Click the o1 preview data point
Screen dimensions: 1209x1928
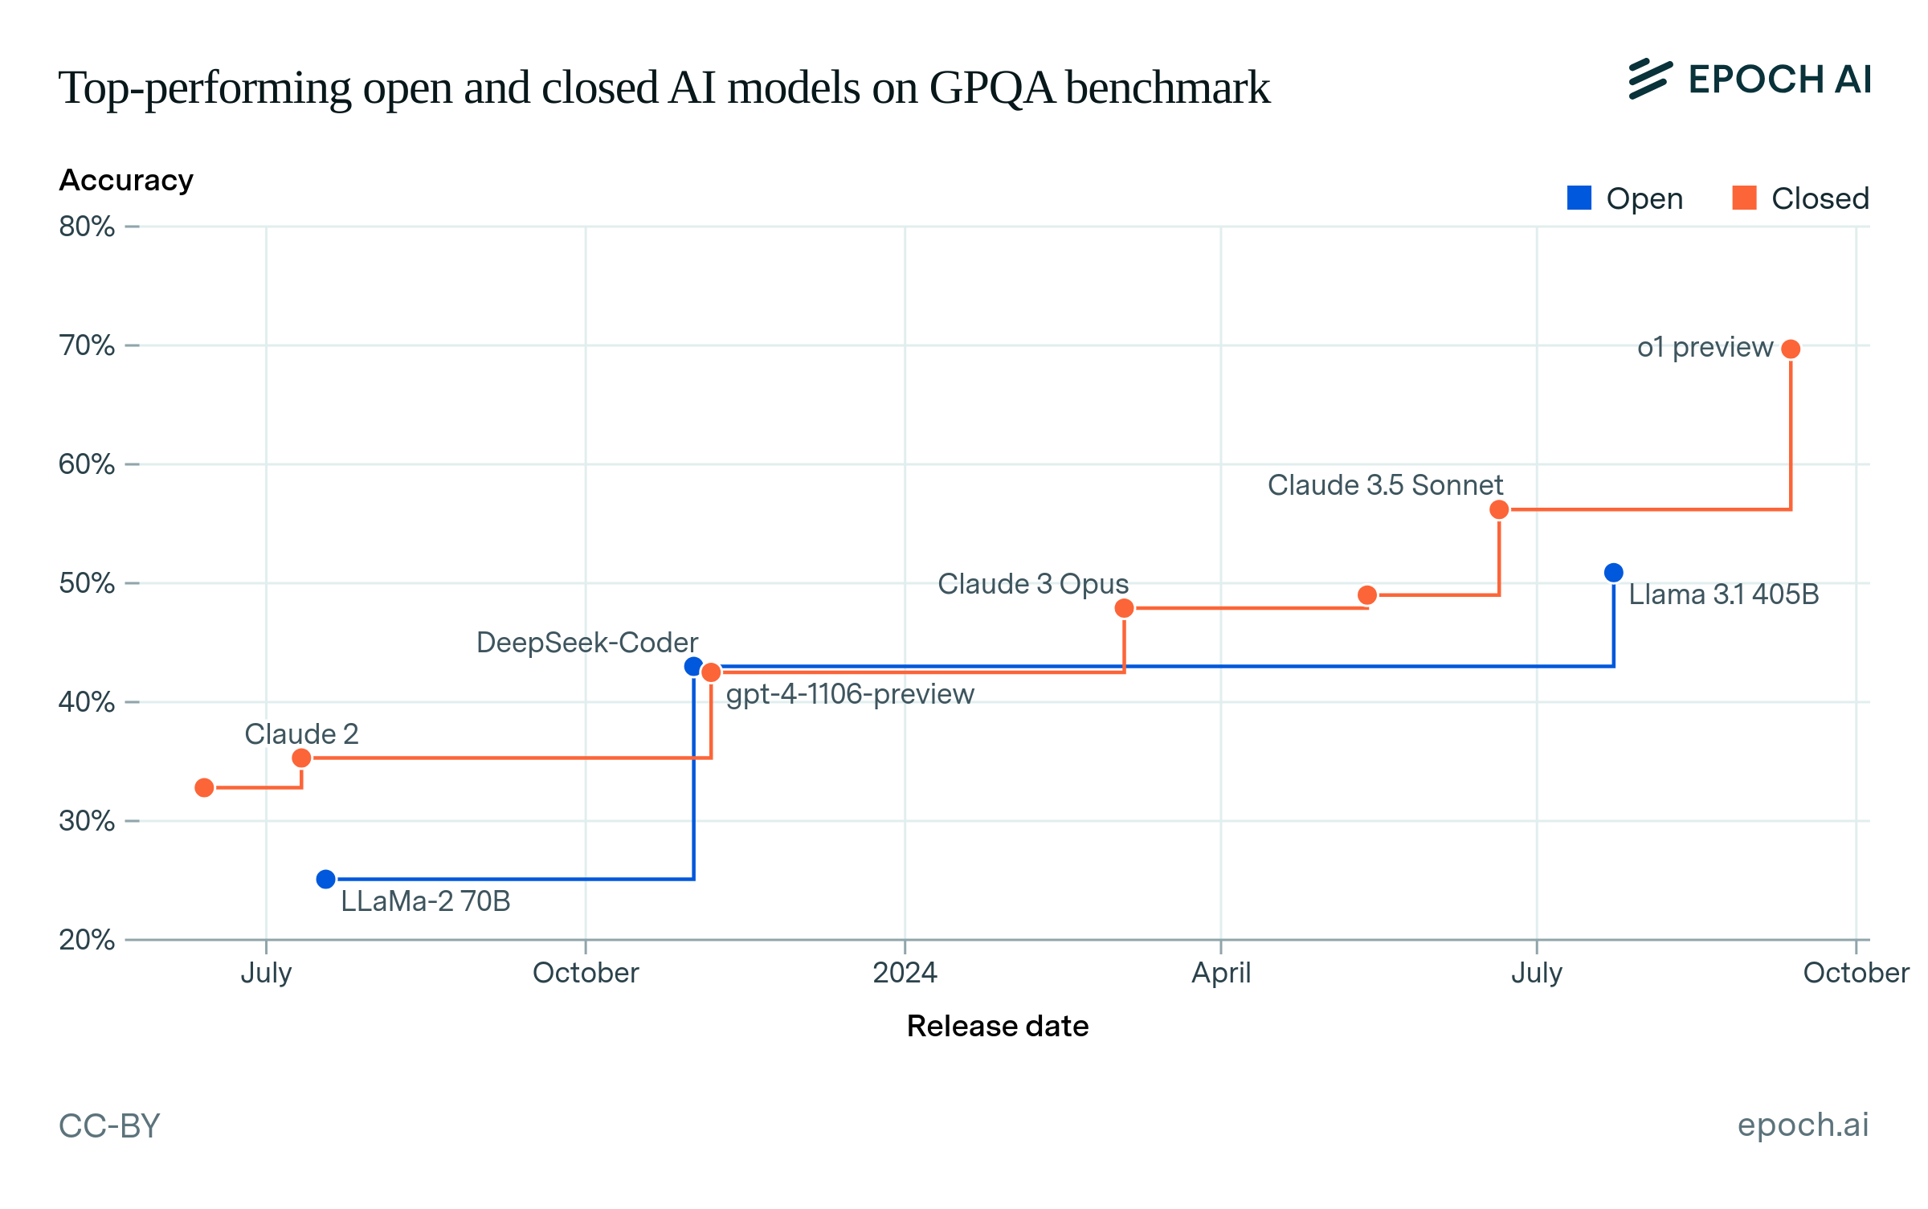coord(1791,349)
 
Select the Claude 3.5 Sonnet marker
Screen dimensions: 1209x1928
coord(1499,509)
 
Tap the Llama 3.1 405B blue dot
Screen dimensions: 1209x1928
coord(1613,573)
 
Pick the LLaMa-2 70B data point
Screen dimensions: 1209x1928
coord(325,880)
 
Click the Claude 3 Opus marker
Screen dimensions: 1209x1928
coord(1125,608)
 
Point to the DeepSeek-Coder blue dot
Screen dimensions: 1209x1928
coord(693,667)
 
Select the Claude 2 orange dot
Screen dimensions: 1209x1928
coord(301,758)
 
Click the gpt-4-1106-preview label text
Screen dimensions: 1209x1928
coord(850,694)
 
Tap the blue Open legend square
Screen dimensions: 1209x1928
coord(1579,198)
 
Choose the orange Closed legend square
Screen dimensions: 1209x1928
coord(1744,198)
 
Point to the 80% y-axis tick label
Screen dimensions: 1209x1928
coord(87,227)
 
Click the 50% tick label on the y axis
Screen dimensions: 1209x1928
coord(87,583)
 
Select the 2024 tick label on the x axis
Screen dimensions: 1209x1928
coord(905,973)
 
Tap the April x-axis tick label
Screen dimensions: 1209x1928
coord(1221,973)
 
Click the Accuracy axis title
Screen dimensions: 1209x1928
coord(126,181)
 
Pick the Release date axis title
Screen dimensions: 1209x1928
coord(998,1027)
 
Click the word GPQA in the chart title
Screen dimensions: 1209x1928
coord(991,88)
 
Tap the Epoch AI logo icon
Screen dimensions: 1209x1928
coord(1650,80)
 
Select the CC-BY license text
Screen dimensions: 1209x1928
coord(110,1126)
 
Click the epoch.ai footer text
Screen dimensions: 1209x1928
coord(1803,1125)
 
